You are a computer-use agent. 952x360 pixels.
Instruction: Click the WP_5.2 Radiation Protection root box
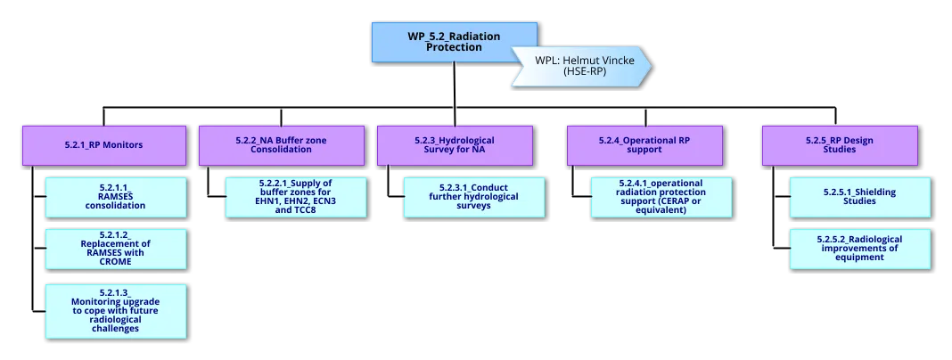pyautogui.click(x=454, y=42)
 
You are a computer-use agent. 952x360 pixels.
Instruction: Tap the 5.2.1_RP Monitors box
pyautogui.click(x=104, y=144)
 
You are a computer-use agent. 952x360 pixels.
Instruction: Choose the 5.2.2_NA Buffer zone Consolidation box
pyautogui.click(x=281, y=144)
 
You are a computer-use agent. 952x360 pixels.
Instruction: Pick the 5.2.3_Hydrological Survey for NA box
pyautogui.click(x=455, y=144)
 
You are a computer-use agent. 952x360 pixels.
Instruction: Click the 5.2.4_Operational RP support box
pyautogui.click(x=650, y=144)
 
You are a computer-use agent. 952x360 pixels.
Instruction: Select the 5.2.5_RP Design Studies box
pyautogui.click(x=839, y=144)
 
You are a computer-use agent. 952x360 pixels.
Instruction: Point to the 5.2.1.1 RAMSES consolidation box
pyautogui.click(x=116, y=197)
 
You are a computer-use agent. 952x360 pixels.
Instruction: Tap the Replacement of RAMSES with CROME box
pyautogui.click(x=116, y=249)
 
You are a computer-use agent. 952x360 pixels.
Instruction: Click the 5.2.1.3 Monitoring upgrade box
pyautogui.click(x=116, y=309)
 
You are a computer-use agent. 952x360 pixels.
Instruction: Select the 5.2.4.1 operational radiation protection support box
pyautogui.click(x=662, y=197)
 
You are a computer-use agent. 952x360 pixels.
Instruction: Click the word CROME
pyautogui.click(x=115, y=262)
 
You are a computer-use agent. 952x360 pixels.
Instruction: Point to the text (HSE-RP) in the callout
pyautogui.click(x=585, y=71)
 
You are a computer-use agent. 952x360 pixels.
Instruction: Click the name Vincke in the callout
pyautogui.click(x=617, y=61)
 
